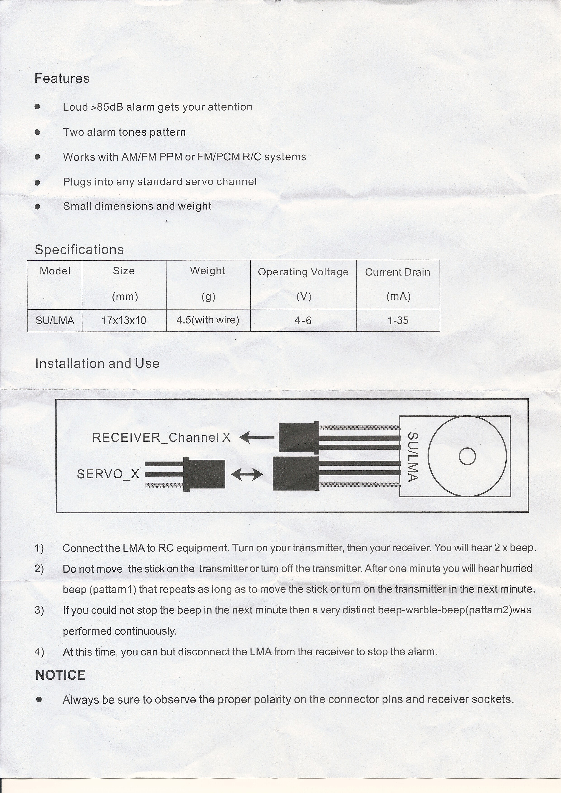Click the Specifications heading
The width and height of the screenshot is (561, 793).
click(x=79, y=250)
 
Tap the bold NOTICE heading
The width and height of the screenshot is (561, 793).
click(x=60, y=675)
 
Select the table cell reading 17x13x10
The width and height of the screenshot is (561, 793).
click(x=124, y=320)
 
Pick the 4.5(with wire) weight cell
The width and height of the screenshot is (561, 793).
click(x=208, y=320)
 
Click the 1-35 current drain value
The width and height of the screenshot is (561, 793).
click(x=398, y=320)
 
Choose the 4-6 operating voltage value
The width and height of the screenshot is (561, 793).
click(x=303, y=320)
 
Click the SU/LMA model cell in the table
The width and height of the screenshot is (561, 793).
click(x=55, y=320)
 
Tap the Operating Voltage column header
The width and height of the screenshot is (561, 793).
click(x=303, y=272)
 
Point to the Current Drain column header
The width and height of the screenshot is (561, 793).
click(x=398, y=272)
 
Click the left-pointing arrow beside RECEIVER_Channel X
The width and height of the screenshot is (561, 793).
click(x=257, y=437)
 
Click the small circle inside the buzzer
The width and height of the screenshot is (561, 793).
click(x=467, y=456)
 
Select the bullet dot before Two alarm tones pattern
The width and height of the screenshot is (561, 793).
click(x=37, y=132)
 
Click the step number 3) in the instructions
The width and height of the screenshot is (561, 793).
click(x=39, y=610)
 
